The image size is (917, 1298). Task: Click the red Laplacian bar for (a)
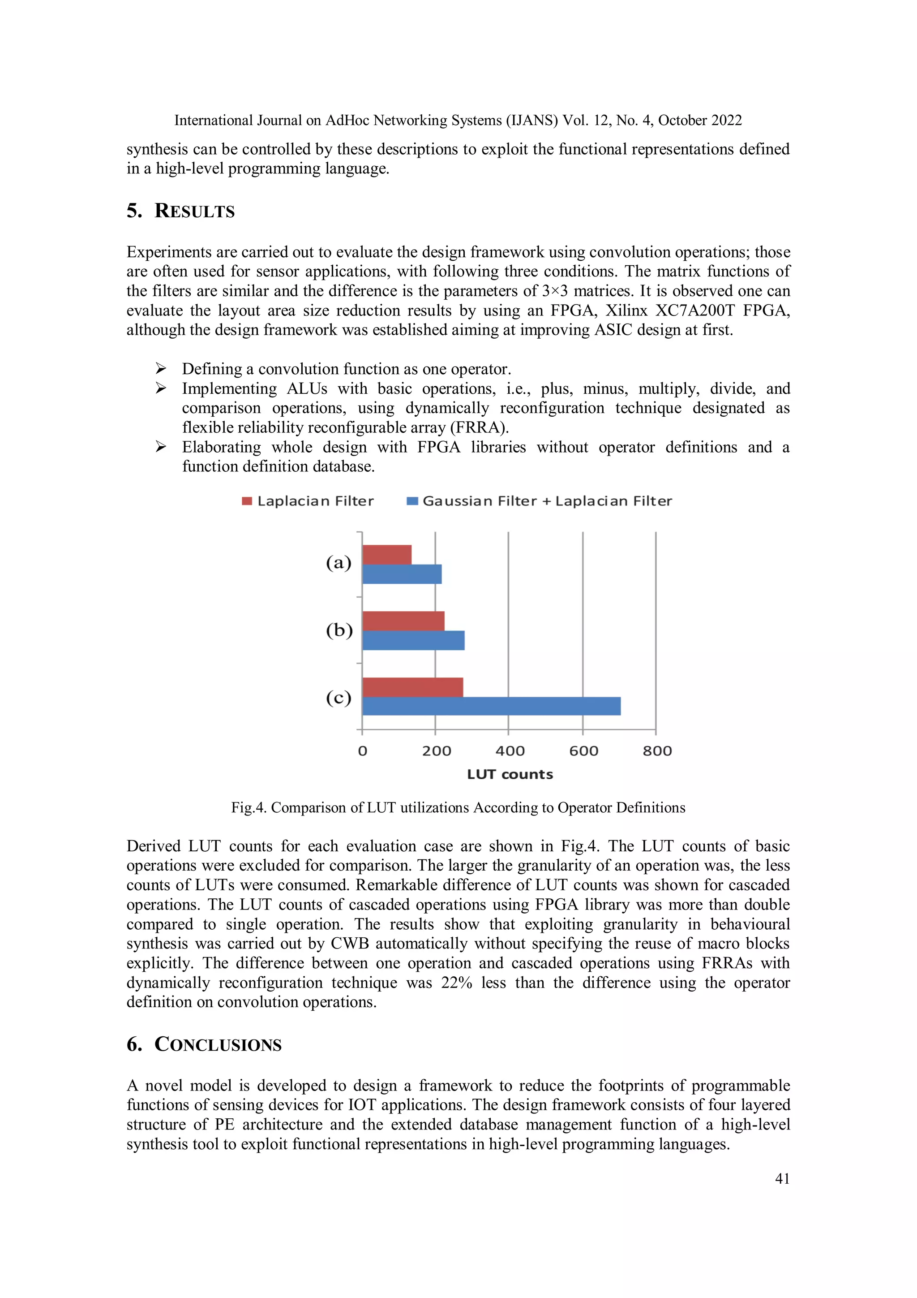click(x=387, y=555)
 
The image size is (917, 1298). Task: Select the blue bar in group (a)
click(x=402, y=574)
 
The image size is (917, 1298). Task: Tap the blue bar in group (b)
click(x=413, y=641)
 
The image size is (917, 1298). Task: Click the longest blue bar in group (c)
click(x=491, y=706)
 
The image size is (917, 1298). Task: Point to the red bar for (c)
click(x=412, y=687)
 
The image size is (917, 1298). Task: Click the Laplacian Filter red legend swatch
click(x=247, y=501)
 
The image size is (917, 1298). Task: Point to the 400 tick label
click(x=510, y=751)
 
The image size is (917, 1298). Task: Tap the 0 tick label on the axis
click(x=363, y=751)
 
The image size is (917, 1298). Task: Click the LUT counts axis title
click(x=510, y=775)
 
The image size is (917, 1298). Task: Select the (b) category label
click(x=339, y=630)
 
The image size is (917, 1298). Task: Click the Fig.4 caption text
click(x=458, y=807)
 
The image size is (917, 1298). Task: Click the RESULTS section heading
click(x=194, y=211)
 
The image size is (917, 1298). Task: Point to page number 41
click(x=782, y=1179)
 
